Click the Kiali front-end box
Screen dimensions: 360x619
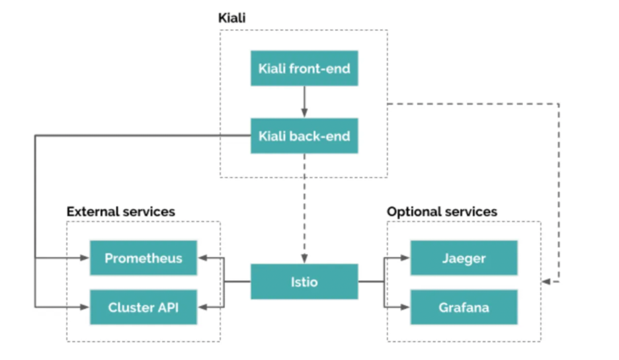[x=304, y=69]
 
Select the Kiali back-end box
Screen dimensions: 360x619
[x=304, y=136]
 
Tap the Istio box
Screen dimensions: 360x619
[x=304, y=282]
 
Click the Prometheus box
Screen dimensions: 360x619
[x=144, y=258]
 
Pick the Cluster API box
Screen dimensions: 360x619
[x=144, y=307]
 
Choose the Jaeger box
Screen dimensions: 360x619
[x=464, y=258]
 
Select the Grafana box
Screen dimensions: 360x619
[x=464, y=307]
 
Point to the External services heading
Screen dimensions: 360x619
[x=121, y=212]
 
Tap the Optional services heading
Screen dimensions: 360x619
[x=442, y=212]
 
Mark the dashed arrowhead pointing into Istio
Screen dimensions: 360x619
[x=304, y=258]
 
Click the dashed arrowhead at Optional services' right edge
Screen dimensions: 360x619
[x=546, y=282]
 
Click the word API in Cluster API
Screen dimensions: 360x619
[x=167, y=307]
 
